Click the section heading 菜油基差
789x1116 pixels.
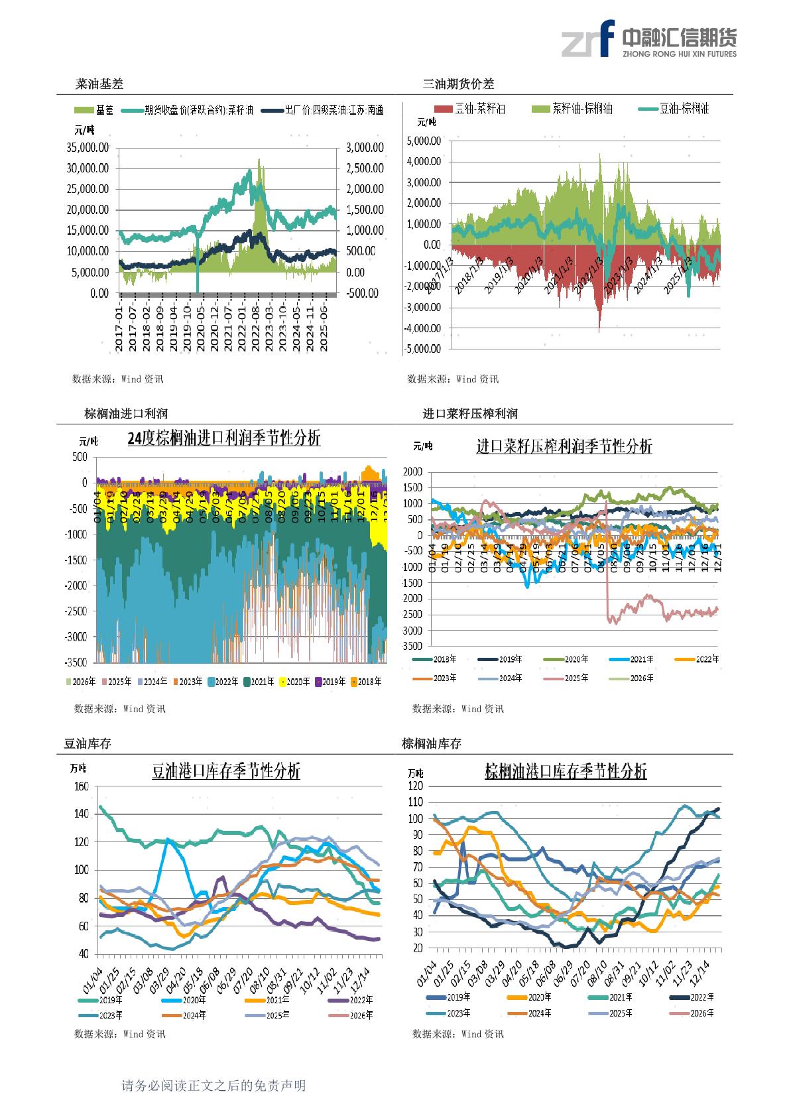[99, 84]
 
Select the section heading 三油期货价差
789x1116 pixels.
[458, 84]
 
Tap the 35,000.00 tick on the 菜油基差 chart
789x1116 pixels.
[88, 147]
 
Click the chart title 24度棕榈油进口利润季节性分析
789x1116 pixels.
[223, 438]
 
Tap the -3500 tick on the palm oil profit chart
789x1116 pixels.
[76, 662]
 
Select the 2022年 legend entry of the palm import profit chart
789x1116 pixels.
[223, 682]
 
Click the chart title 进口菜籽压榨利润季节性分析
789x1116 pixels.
[564, 446]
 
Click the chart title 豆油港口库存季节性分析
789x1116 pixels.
[226, 771]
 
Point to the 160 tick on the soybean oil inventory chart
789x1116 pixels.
[82, 786]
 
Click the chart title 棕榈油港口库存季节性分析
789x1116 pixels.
[566, 771]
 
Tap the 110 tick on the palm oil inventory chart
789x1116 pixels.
[416, 802]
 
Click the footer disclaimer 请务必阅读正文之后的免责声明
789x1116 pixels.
[213, 1086]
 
